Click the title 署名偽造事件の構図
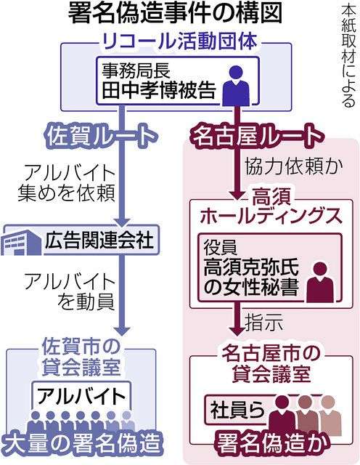tap(175, 14)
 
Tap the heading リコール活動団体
tap(179, 41)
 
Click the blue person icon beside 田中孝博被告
tap(236, 86)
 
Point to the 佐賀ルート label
tap(100, 136)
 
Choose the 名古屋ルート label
tap(257, 136)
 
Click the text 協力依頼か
tap(294, 166)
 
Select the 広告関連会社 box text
tap(99, 240)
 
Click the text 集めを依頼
tap(66, 193)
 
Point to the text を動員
tap(86, 302)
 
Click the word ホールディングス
tap(271, 216)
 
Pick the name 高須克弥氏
tap(251, 268)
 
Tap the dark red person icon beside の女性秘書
tap(319, 282)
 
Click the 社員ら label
tap(237, 409)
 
